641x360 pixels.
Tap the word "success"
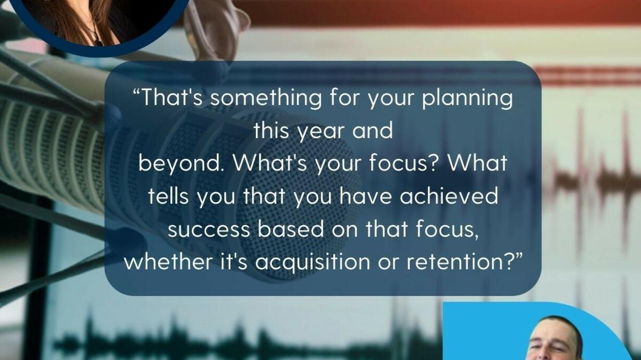click(x=209, y=230)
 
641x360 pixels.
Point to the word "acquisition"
click(x=313, y=263)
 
